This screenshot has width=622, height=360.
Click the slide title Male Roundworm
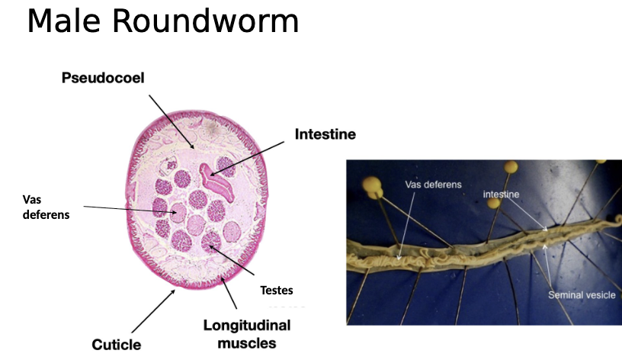[162, 22]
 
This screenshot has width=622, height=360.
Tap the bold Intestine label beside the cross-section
[325, 135]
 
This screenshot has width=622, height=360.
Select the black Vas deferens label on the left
[46, 207]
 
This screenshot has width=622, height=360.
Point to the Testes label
[276, 291]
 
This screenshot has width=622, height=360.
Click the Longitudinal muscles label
[246, 334]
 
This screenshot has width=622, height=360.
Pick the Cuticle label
[117, 345]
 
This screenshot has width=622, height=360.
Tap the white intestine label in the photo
[501, 194]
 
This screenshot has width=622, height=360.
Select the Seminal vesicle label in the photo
[582, 294]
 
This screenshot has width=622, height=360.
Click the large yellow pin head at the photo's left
[373, 184]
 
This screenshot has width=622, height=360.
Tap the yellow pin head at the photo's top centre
[509, 166]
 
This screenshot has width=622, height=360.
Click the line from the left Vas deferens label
[130, 210]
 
